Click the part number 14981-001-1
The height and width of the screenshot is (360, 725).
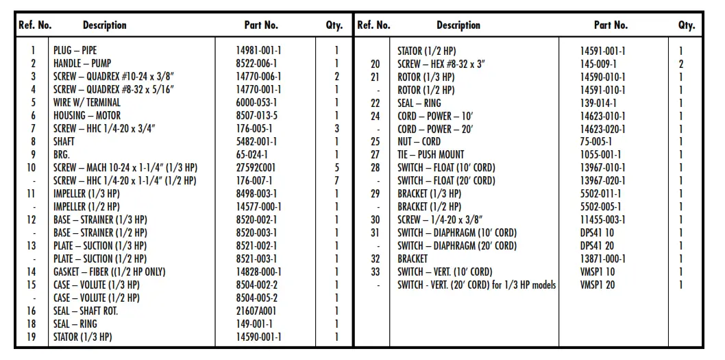tap(258, 51)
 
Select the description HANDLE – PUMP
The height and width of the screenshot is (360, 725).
tap(82, 64)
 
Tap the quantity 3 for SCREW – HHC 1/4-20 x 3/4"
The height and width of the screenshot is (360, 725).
tap(336, 129)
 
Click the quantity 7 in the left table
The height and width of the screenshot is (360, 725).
tap(336, 181)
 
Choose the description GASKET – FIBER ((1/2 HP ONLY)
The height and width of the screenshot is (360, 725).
tap(110, 272)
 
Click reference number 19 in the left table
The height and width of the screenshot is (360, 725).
tap(32, 337)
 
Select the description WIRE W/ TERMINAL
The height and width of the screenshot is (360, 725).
tap(86, 103)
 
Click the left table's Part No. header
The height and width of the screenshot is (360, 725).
tap(261, 25)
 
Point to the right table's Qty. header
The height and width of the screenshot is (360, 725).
tap(687, 25)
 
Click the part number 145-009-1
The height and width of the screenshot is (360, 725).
tap(598, 64)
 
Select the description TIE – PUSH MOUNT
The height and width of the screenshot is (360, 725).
tap(430, 155)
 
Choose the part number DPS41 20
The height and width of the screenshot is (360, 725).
tap(597, 246)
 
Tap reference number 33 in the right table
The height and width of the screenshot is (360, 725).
tap(375, 272)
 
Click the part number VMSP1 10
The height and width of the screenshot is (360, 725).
tap(598, 272)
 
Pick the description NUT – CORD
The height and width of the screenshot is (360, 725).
tap(419, 142)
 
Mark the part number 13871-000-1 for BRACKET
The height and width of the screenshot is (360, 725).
tap(602, 259)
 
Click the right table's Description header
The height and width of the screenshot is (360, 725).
tap(458, 25)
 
